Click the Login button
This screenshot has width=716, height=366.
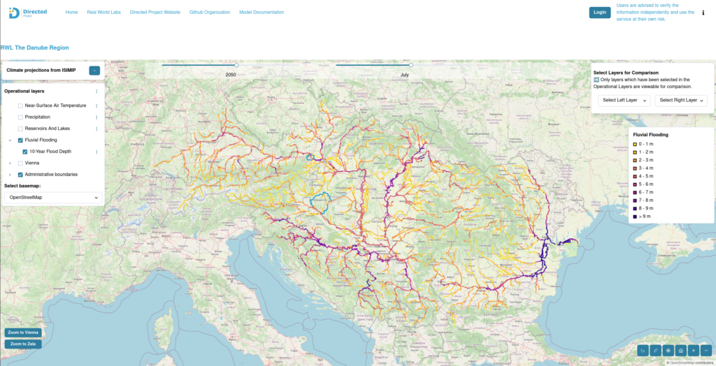tap(599, 12)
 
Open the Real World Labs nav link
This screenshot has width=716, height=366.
tap(103, 13)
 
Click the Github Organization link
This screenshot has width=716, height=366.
tap(210, 13)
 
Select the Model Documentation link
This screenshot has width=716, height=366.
tap(262, 13)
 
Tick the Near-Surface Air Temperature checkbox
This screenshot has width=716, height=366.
tap(20, 105)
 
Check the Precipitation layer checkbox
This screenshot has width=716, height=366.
tap(20, 117)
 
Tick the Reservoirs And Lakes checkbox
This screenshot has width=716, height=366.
tap(20, 129)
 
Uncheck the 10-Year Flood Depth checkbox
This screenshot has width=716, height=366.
tap(25, 152)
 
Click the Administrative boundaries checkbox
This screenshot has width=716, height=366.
tap(20, 175)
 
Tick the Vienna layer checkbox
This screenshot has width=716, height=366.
tap(20, 163)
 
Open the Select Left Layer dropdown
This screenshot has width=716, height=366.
tap(624, 101)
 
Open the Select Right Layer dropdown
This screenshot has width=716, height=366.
tap(681, 101)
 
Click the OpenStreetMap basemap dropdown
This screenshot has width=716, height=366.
tap(53, 198)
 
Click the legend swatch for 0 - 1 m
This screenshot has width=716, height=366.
tap(635, 144)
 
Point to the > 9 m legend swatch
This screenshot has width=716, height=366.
tap(635, 217)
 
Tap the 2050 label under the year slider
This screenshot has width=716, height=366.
tap(231, 74)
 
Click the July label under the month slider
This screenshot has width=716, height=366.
tap(405, 74)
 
